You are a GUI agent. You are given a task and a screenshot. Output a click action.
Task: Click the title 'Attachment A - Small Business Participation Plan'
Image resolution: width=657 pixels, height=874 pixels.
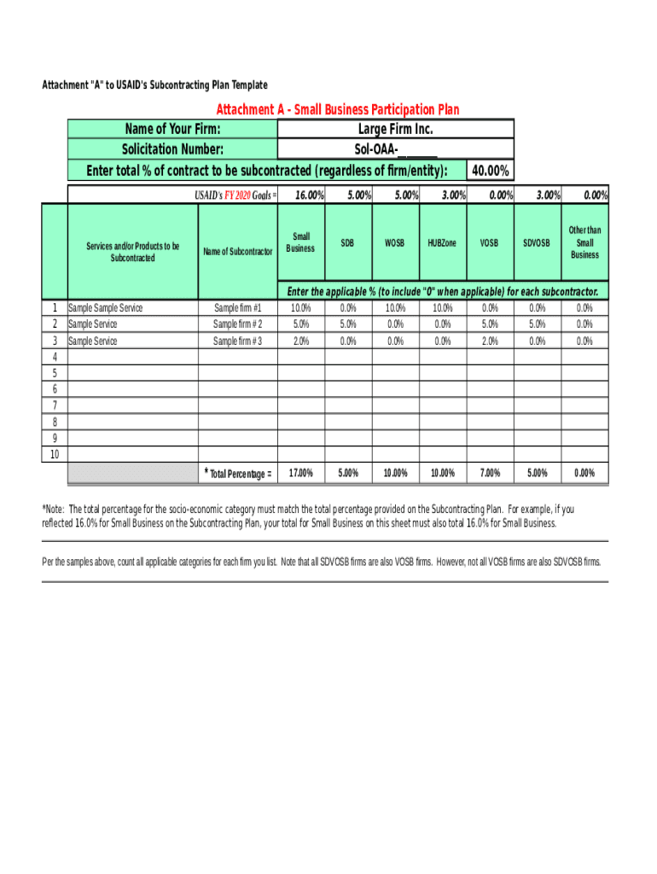(x=337, y=109)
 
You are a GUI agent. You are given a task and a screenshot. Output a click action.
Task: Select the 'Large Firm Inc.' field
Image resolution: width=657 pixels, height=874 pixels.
(x=395, y=129)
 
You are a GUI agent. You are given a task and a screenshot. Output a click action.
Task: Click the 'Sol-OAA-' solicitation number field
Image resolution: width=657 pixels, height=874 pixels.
(x=395, y=150)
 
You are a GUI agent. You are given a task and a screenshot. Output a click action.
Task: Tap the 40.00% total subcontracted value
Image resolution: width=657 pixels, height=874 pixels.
(x=491, y=172)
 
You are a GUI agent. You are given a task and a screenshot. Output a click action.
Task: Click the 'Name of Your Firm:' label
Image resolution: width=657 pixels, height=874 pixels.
(x=172, y=129)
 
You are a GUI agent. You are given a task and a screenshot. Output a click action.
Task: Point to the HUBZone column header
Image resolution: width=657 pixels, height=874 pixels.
(x=442, y=243)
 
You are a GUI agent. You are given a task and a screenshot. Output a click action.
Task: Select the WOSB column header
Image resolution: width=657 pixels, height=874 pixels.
(x=394, y=243)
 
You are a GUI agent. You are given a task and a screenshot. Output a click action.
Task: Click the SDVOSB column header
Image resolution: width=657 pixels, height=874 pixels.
(x=537, y=243)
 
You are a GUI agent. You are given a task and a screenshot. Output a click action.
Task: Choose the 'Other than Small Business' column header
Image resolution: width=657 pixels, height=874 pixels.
(x=584, y=242)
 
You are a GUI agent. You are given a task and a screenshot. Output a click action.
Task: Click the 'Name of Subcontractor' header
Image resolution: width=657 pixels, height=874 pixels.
(x=238, y=251)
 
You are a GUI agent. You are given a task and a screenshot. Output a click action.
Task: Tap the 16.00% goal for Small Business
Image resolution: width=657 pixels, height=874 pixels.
(x=309, y=196)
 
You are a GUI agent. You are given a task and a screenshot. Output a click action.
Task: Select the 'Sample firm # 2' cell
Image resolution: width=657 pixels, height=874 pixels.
(x=238, y=324)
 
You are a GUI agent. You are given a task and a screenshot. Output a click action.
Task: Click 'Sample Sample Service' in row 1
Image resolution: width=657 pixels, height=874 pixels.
(x=106, y=308)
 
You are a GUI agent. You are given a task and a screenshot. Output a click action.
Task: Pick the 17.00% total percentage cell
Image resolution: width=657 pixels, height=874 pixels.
(x=301, y=473)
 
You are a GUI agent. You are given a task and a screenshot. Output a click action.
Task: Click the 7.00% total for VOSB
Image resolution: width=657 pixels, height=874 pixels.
(x=489, y=473)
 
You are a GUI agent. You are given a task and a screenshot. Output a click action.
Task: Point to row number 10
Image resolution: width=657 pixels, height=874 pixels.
(x=55, y=454)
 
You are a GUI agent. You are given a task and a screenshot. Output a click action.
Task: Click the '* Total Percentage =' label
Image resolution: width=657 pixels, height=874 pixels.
(x=238, y=474)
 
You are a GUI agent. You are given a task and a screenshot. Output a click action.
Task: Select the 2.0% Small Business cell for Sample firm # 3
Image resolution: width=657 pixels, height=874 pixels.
(x=301, y=341)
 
